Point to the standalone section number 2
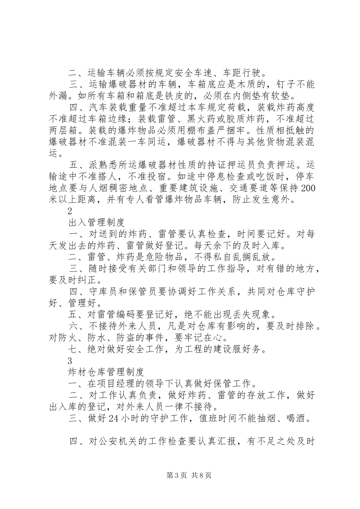click(x=69, y=212)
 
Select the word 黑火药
click(x=213, y=120)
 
